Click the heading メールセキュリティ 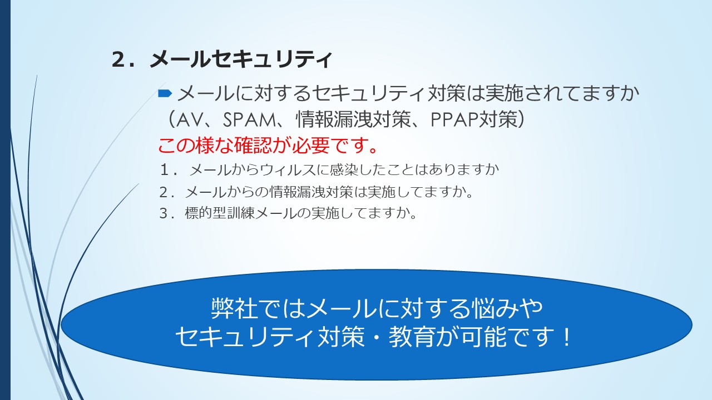(x=241, y=59)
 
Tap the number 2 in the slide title (x=118, y=59)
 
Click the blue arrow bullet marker (x=165, y=93)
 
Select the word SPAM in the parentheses (x=249, y=120)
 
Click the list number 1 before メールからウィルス (x=165, y=170)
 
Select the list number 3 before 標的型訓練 (x=164, y=213)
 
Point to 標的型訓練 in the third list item (x=220, y=213)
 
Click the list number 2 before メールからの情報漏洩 (x=164, y=192)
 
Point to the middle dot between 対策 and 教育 (x=377, y=337)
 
